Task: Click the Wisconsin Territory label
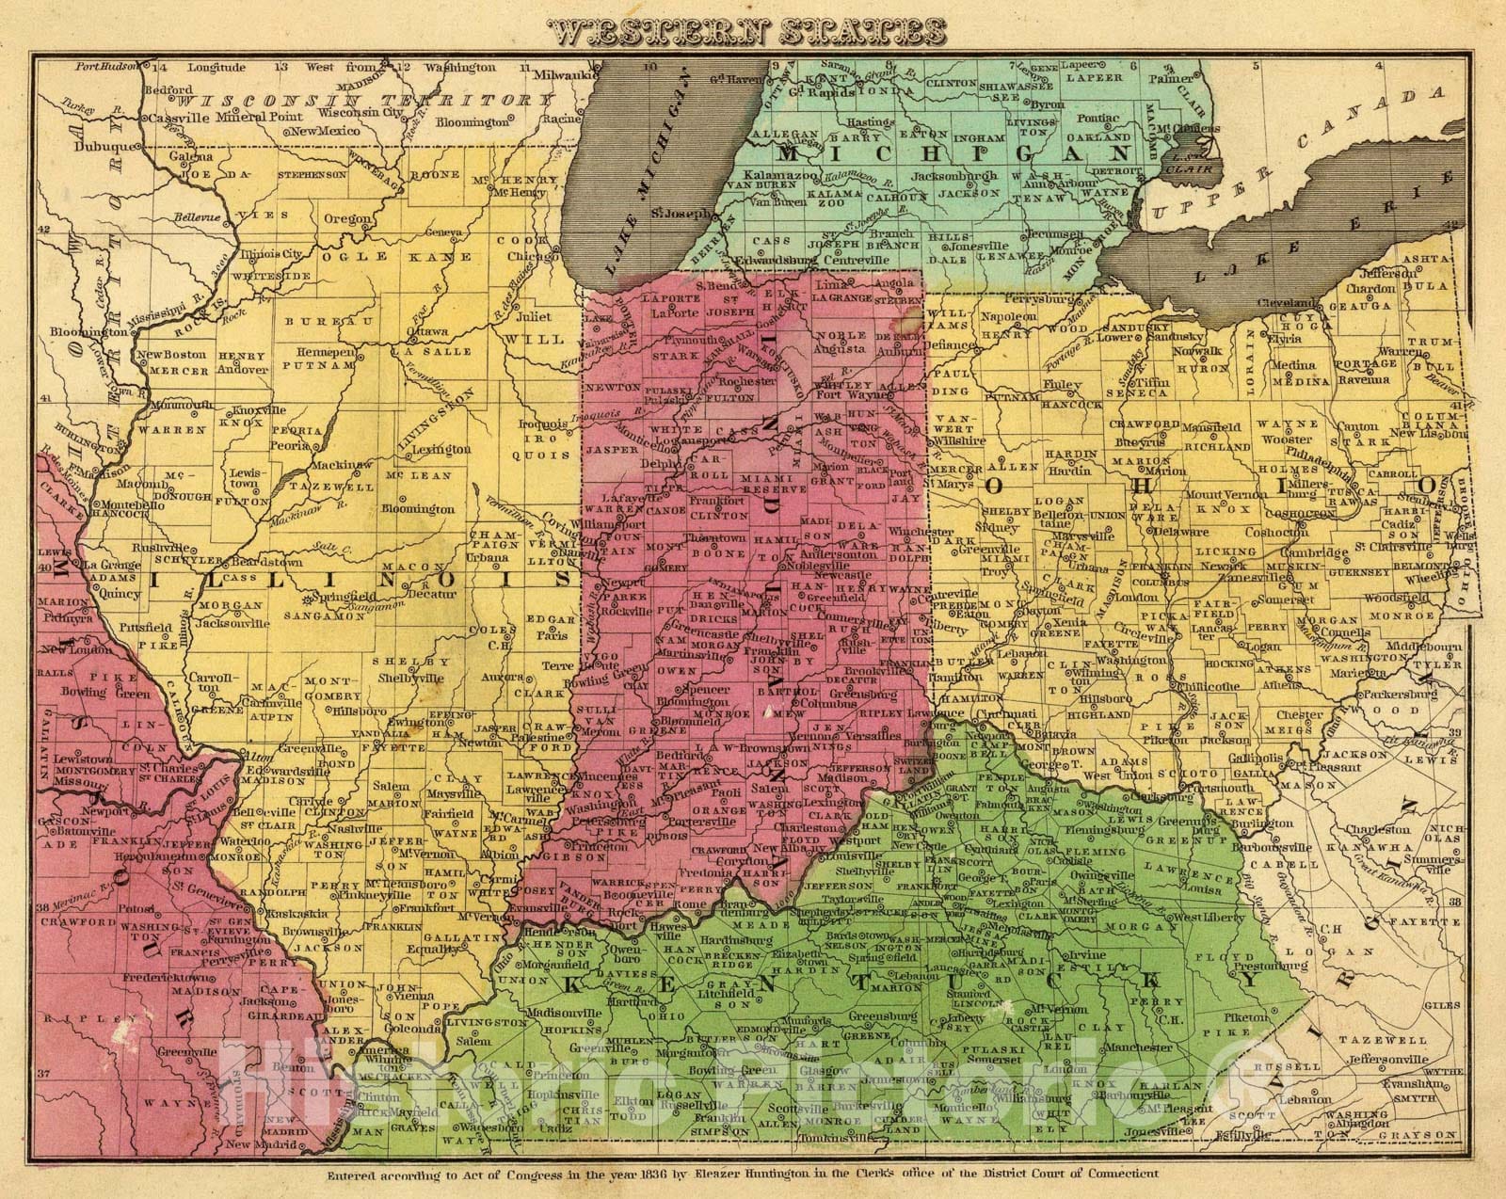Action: click(364, 100)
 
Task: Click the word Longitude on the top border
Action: click(216, 68)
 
